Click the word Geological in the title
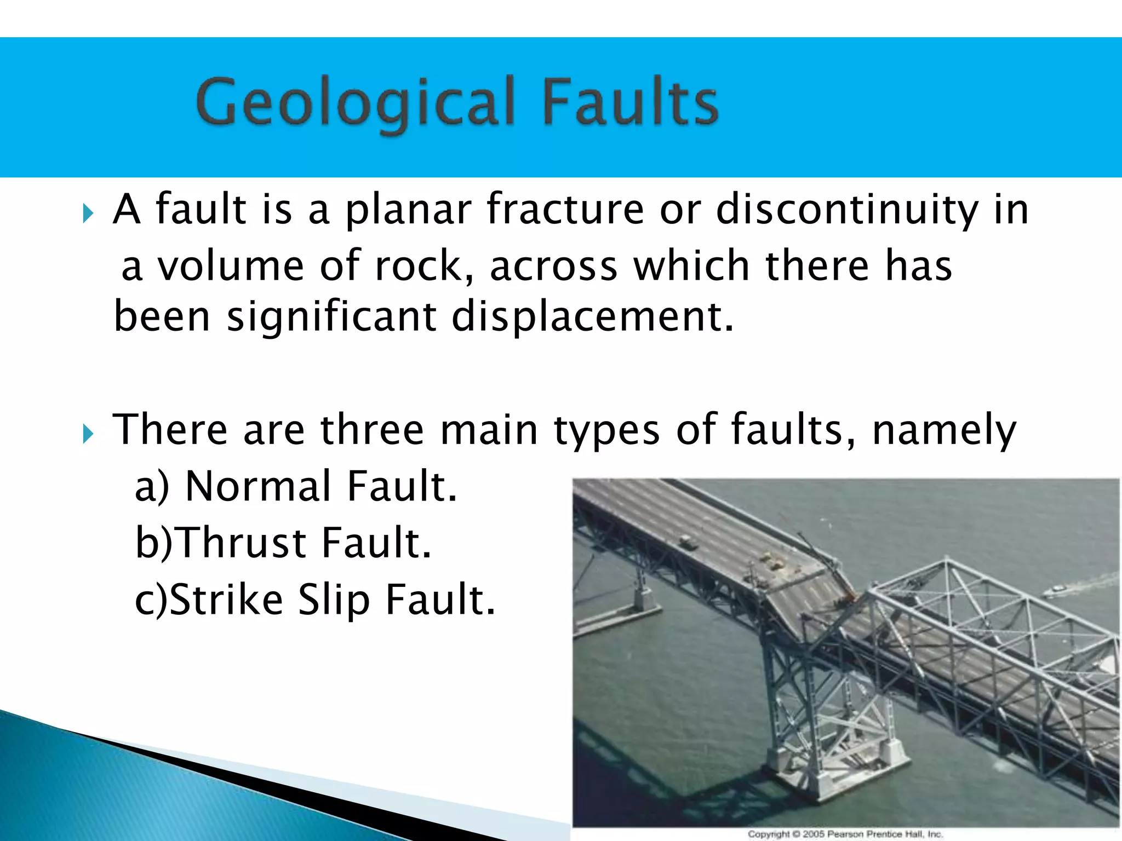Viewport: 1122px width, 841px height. (355, 102)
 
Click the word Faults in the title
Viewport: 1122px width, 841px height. (630, 102)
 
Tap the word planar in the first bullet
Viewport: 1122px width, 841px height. (408, 210)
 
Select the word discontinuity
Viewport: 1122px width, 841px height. (847, 210)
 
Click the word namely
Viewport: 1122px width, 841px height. (943, 430)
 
